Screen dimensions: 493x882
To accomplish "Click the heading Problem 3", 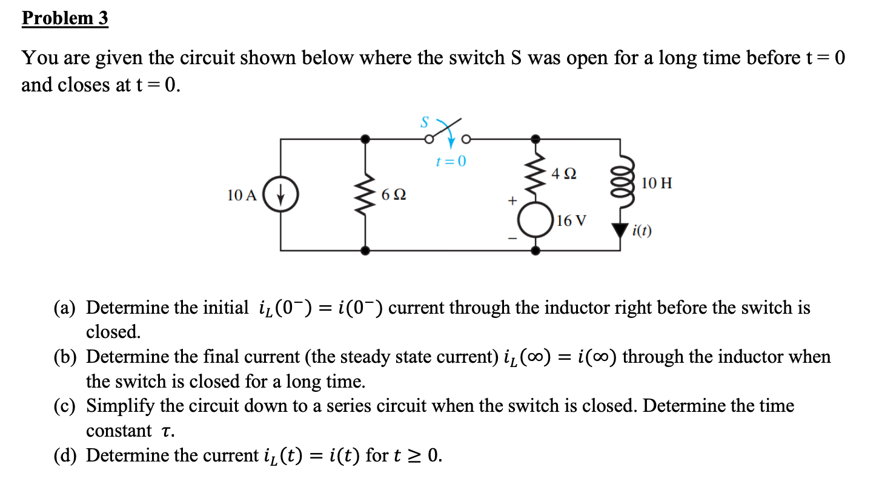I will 65,18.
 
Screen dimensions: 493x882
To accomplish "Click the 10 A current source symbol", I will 280,196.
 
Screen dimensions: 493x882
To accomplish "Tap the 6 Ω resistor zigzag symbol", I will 364,194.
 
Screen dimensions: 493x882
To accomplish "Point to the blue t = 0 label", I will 451,161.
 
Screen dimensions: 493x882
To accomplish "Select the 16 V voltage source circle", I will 536,220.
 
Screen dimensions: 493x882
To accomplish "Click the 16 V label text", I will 571,220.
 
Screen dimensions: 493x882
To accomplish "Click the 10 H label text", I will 656,183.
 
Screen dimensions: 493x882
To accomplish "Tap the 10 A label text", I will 242,196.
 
